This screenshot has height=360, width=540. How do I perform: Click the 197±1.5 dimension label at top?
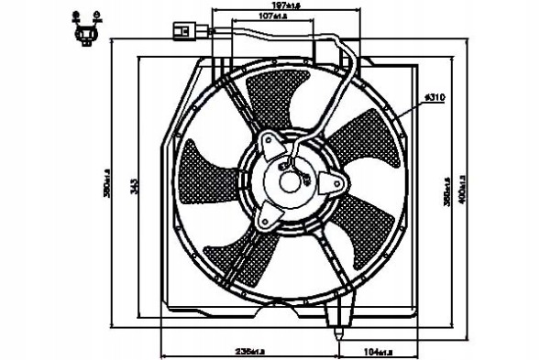[272, 6]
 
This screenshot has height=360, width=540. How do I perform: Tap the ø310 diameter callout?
[434, 97]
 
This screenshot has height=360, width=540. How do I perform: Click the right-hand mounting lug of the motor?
[338, 183]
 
